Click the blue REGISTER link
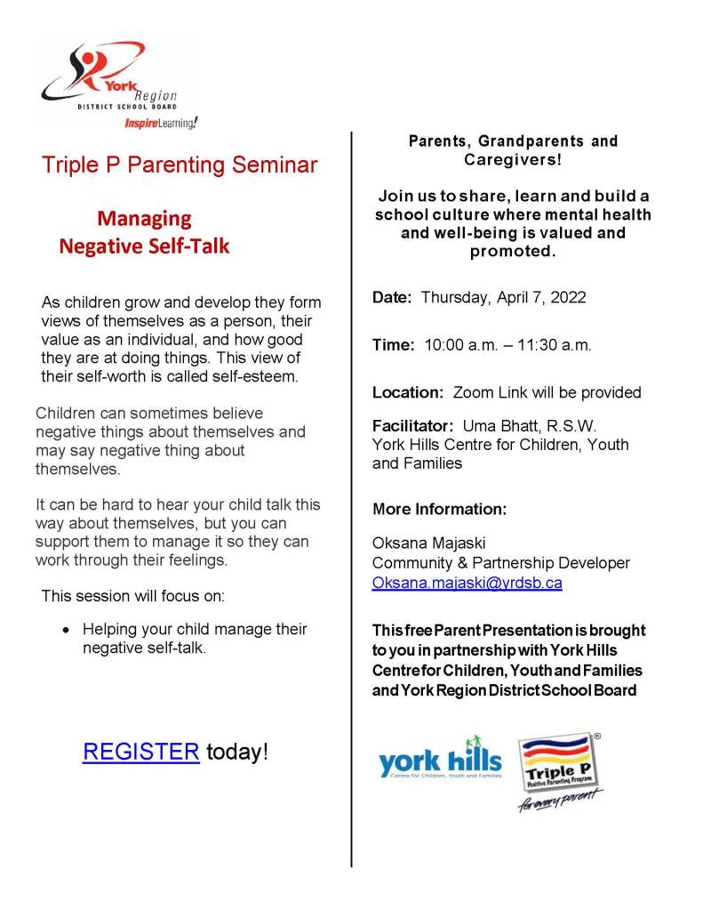point(140,752)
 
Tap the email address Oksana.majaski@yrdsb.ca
point(467,584)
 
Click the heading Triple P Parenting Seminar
point(179,165)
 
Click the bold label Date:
point(392,298)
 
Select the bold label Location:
point(408,392)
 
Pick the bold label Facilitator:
point(413,425)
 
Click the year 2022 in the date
point(567,298)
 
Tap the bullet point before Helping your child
point(66,630)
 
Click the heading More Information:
point(439,510)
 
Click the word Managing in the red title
point(144,219)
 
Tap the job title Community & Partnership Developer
point(500,563)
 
